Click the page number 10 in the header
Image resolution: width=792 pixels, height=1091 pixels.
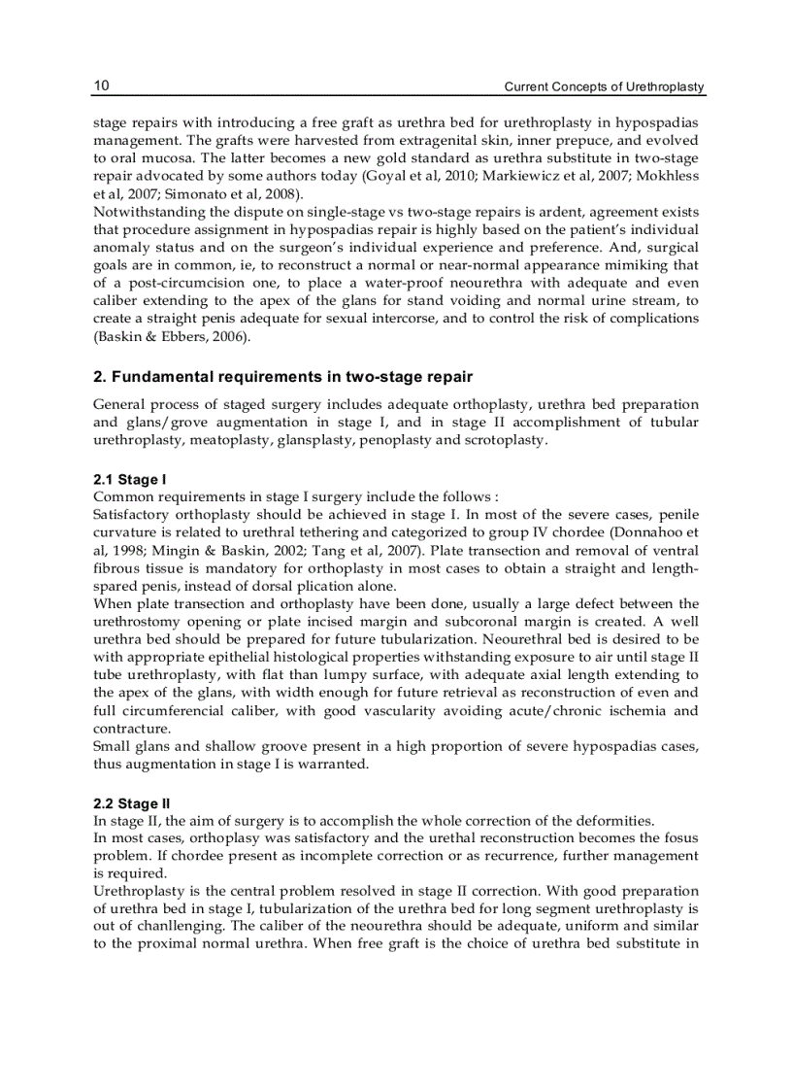coord(101,86)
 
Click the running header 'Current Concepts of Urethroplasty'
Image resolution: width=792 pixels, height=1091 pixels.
coord(604,87)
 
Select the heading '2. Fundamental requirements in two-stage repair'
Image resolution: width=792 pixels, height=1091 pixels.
coord(283,376)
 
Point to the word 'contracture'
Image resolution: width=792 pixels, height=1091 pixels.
coord(130,729)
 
